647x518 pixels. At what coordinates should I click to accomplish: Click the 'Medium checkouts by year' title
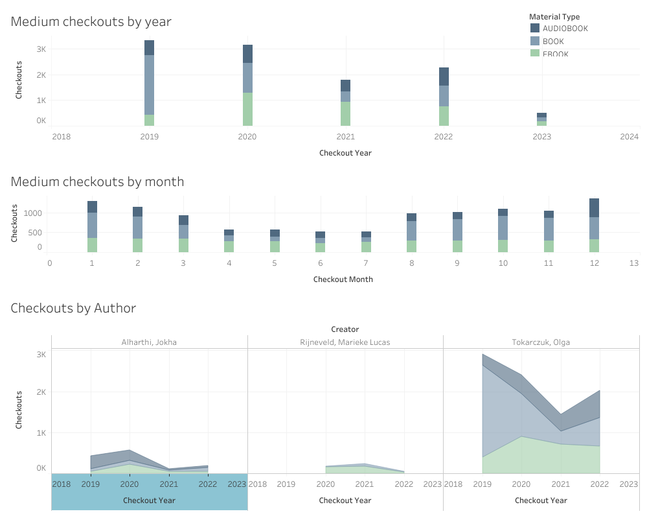91,21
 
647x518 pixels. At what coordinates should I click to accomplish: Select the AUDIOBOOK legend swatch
535,28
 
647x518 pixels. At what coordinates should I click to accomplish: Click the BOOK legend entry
552,41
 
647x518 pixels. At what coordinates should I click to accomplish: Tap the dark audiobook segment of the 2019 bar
149,47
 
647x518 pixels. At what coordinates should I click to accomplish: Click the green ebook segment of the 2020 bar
247,109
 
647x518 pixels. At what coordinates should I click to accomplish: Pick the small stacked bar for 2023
541,119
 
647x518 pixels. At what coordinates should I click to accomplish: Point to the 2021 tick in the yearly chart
345,137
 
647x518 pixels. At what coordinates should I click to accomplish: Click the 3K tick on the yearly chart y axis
41,49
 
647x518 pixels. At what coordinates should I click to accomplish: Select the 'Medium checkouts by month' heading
97,182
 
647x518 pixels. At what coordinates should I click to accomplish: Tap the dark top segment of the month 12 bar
594,207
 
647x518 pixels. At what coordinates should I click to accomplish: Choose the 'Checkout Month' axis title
343,279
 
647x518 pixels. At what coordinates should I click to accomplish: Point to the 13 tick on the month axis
634,263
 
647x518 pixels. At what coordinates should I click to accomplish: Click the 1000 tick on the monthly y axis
34,213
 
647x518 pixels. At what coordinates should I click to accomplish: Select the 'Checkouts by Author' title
73,308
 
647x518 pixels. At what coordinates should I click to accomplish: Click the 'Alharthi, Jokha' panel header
149,342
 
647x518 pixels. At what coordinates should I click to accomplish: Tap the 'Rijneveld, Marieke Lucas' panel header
345,342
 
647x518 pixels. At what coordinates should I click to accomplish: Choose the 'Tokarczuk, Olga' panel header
541,342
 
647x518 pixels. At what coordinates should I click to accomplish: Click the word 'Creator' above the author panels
345,329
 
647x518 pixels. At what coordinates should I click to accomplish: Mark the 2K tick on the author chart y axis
41,392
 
